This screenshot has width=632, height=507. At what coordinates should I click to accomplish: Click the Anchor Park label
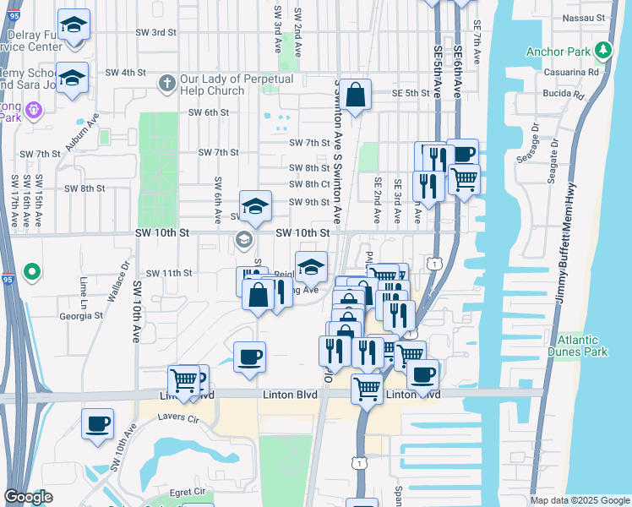pyautogui.click(x=558, y=52)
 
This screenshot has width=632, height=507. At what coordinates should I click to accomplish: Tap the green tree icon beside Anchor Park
pyautogui.click(x=603, y=52)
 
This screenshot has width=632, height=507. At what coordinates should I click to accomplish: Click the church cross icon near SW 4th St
pyautogui.click(x=166, y=84)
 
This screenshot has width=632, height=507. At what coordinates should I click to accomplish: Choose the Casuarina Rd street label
pyautogui.click(x=570, y=73)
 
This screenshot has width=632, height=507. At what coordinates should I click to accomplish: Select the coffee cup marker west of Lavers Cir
pyautogui.click(x=97, y=421)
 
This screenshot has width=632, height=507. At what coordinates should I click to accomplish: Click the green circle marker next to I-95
pyautogui.click(x=31, y=272)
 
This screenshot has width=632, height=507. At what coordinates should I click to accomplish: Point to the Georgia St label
pyautogui.click(x=81, y=316)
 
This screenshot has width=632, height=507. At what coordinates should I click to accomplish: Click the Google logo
pyautogui.click(x=28, y=497)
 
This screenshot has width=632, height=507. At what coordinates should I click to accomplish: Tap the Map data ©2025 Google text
pyautogui.click(x=579, y=500)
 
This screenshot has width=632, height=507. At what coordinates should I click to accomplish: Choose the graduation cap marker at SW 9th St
pyautogui.click(x=255, y=204)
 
